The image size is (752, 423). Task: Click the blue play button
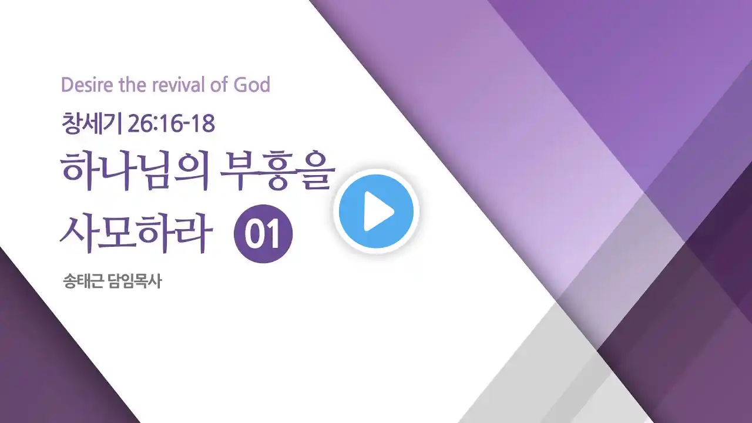(376, 211)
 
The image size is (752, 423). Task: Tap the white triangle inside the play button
(378, 211)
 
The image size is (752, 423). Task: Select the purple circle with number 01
(263, 234)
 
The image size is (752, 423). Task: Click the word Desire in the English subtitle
(87, 85)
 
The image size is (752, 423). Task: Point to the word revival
(179, 85)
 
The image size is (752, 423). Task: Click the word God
(252, 85)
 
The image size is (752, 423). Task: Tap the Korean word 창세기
(91, 123)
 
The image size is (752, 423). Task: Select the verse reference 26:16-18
(171, 124)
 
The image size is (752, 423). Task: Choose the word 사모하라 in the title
(136, 233)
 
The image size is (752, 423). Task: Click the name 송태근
(83, 281)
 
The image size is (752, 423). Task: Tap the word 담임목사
(135, 281)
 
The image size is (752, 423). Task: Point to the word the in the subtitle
(133, 85)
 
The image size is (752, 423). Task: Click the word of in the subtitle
(220, 85)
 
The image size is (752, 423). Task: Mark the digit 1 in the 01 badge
(274, 234)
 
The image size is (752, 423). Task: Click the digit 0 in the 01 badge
(255, 234)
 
